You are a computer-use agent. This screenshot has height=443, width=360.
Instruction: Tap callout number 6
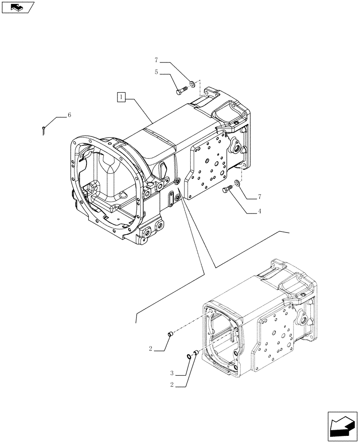click(69, 115)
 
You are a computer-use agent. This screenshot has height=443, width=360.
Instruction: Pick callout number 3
click(172, 373)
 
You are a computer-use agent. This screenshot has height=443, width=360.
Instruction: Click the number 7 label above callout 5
click(157, 59)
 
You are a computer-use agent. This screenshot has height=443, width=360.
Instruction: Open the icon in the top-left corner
click(18, 8)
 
